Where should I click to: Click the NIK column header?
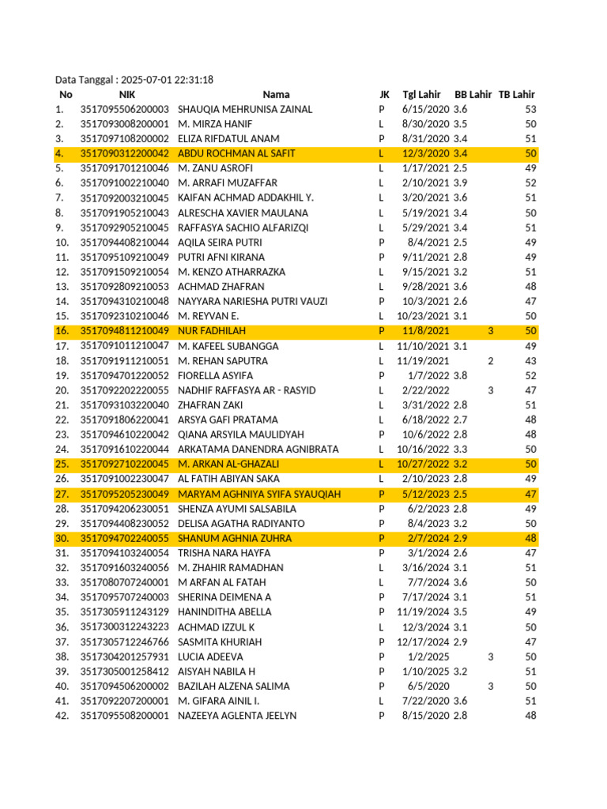(x=127, y=95)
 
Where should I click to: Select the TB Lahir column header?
(x=516, y=95)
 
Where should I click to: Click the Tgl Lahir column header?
(x=421, y=95)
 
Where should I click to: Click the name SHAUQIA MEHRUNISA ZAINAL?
(x=245, y=110)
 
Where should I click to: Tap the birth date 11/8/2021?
(x=426, y=331)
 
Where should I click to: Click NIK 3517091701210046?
(x=125, y=168)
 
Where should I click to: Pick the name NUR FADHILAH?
(x=210, y=331)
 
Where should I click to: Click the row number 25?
(x=62, y=464)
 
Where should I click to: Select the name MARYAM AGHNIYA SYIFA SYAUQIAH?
(x=259, y=494)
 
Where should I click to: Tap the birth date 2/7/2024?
(x=430, y=538)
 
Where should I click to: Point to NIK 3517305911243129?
(x=125, y=611)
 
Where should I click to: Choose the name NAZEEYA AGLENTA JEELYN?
(x=237, y=715)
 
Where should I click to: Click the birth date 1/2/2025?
(x=432, y=657)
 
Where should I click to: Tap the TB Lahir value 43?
(x=530, y=361)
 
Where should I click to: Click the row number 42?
(x=62, y=715)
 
